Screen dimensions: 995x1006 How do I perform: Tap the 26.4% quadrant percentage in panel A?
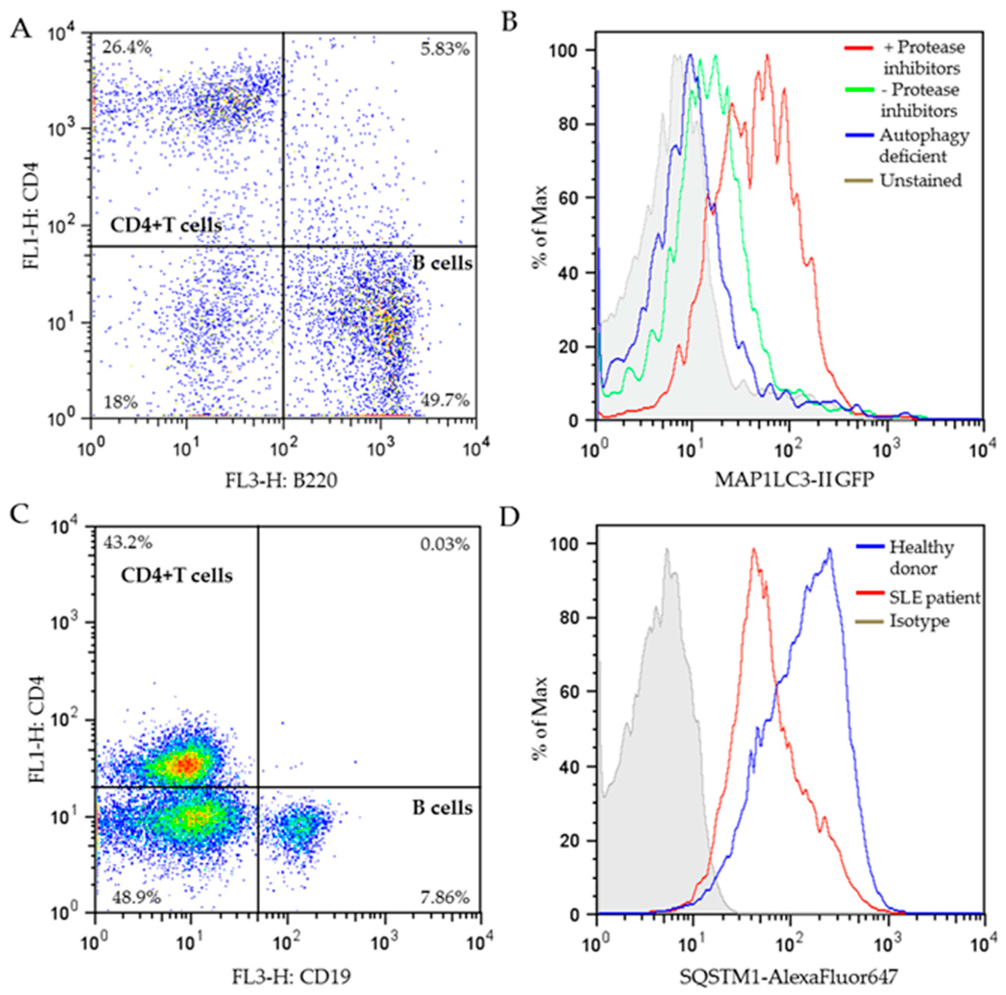point(127,48)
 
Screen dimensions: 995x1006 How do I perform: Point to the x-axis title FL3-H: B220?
point(281,480)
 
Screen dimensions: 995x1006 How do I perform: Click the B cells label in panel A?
point(443,263)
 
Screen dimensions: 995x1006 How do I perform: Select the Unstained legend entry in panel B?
point(920,181)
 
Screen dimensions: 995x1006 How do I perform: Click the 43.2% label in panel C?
point(127,543)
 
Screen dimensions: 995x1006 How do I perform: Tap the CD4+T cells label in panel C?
point(177,575)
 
